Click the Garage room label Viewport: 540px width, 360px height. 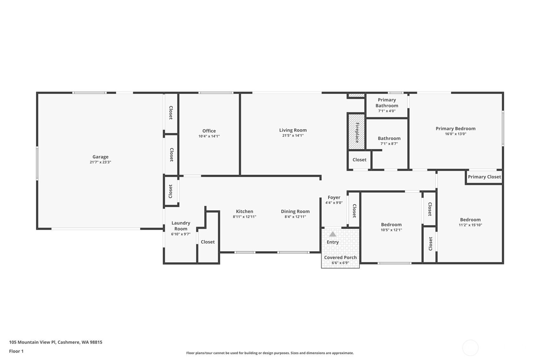pos(100,157)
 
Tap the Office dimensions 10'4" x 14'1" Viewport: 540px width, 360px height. pos(209,136)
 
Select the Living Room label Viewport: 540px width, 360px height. pos(293,130)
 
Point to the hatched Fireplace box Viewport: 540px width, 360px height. pos(356,132)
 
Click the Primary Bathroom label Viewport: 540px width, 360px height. pos(387,103)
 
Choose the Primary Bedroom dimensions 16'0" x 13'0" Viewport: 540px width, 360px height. pos(456,134)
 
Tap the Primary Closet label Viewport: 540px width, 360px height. pos(484,177)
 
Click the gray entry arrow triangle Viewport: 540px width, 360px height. pos(333,234)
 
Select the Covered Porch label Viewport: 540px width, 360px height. pos(340,257)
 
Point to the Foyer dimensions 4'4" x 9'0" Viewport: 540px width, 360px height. pos(334,203)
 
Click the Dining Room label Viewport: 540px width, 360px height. pos(295,211)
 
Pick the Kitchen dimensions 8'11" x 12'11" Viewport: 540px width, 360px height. pos(244,217)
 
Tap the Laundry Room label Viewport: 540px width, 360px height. pos(181,226)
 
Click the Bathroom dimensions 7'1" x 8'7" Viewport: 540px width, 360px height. pos(389,144)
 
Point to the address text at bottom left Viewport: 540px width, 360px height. pos(56,342)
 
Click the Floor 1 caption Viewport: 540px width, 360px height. pos(16,351)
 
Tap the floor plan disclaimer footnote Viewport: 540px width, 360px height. pos(270,353)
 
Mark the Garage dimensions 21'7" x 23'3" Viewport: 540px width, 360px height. pos(100,162)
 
